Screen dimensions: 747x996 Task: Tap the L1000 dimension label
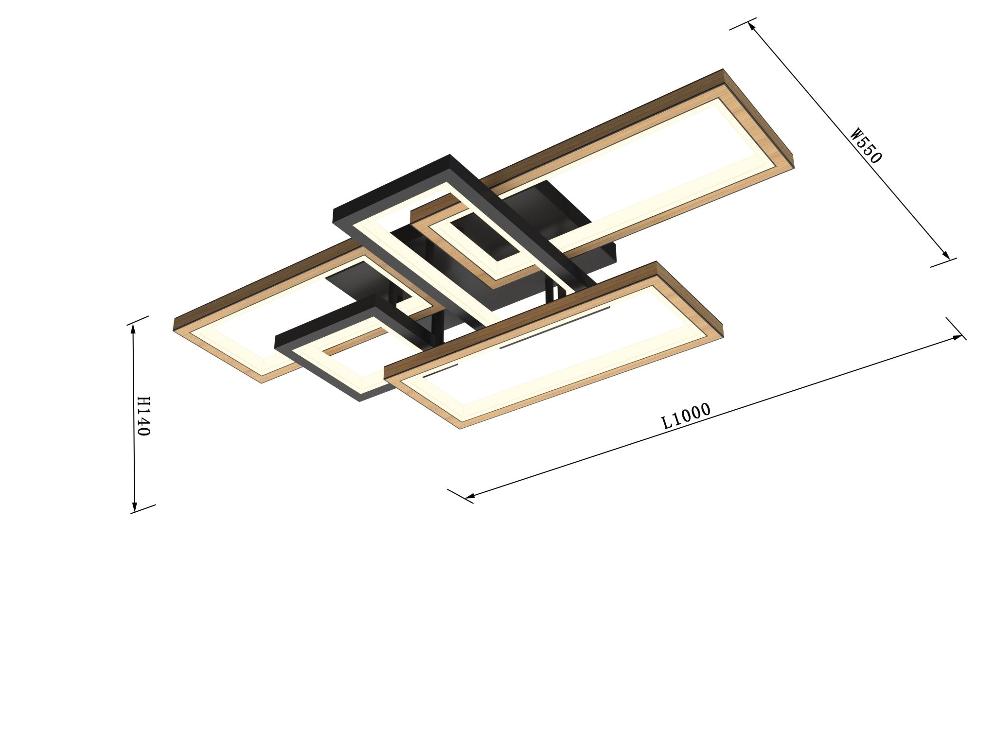tap(687, 416)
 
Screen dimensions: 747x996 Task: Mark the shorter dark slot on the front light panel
tap(440, 372)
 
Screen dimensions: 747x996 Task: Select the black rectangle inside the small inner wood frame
tap(484, 238)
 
